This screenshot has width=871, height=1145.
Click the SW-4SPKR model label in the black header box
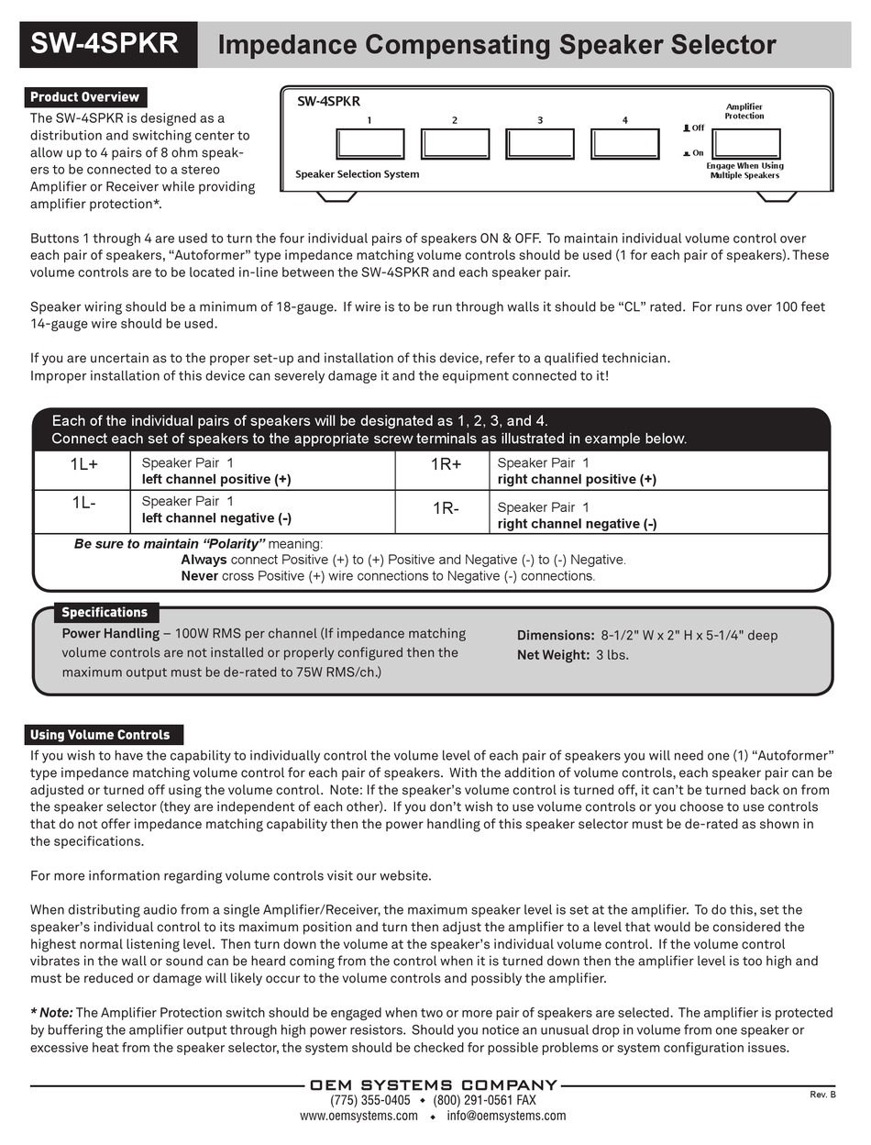105,44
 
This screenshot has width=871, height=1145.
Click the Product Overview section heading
84,97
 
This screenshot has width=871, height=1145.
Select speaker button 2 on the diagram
455,144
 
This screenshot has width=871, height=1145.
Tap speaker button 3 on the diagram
540,144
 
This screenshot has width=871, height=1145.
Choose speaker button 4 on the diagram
625,144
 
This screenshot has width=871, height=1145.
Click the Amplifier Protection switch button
746,144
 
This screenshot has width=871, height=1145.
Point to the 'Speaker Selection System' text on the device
357,174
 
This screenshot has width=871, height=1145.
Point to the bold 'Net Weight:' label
553,655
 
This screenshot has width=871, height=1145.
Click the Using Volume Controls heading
100,735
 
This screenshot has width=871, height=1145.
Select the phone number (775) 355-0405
370,1100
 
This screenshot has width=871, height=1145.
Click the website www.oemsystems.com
358,1116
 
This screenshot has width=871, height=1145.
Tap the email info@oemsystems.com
506,1116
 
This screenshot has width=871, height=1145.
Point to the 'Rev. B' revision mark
822,1095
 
